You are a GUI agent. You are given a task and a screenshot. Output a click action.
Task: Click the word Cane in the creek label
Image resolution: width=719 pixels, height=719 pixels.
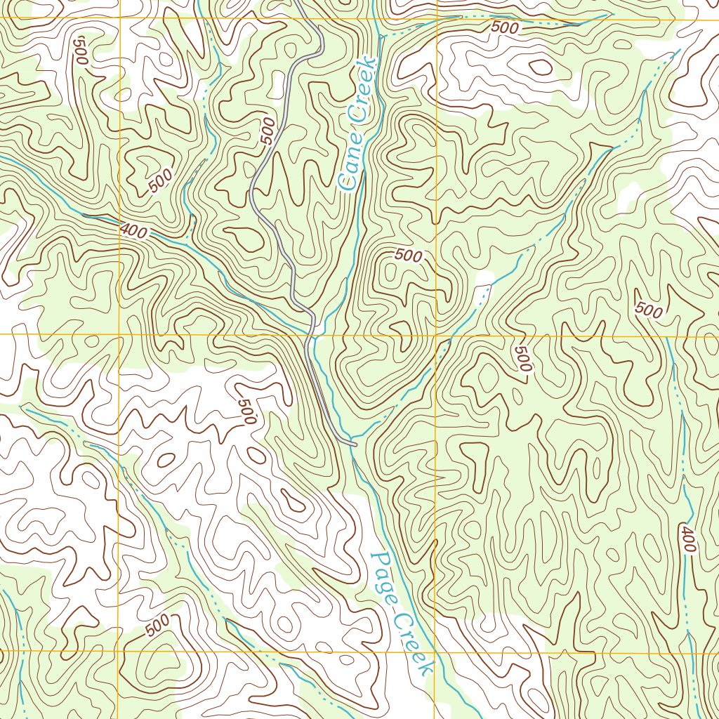coord(349,167)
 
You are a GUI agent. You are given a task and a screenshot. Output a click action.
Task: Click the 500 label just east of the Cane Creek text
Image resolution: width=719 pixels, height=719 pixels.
coord(408,256)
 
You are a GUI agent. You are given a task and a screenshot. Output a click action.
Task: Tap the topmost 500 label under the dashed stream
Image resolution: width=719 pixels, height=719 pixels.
coord(505,28)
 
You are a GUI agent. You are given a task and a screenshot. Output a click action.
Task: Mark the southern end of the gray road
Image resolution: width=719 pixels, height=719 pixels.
coord(355,444)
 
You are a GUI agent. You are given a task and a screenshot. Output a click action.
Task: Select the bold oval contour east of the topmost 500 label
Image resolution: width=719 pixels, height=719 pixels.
coord(541,67)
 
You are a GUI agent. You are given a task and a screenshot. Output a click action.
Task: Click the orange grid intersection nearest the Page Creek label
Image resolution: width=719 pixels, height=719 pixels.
coord(435,652)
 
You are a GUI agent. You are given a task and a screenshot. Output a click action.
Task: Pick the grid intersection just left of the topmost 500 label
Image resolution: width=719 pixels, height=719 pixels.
coord(437,20)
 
